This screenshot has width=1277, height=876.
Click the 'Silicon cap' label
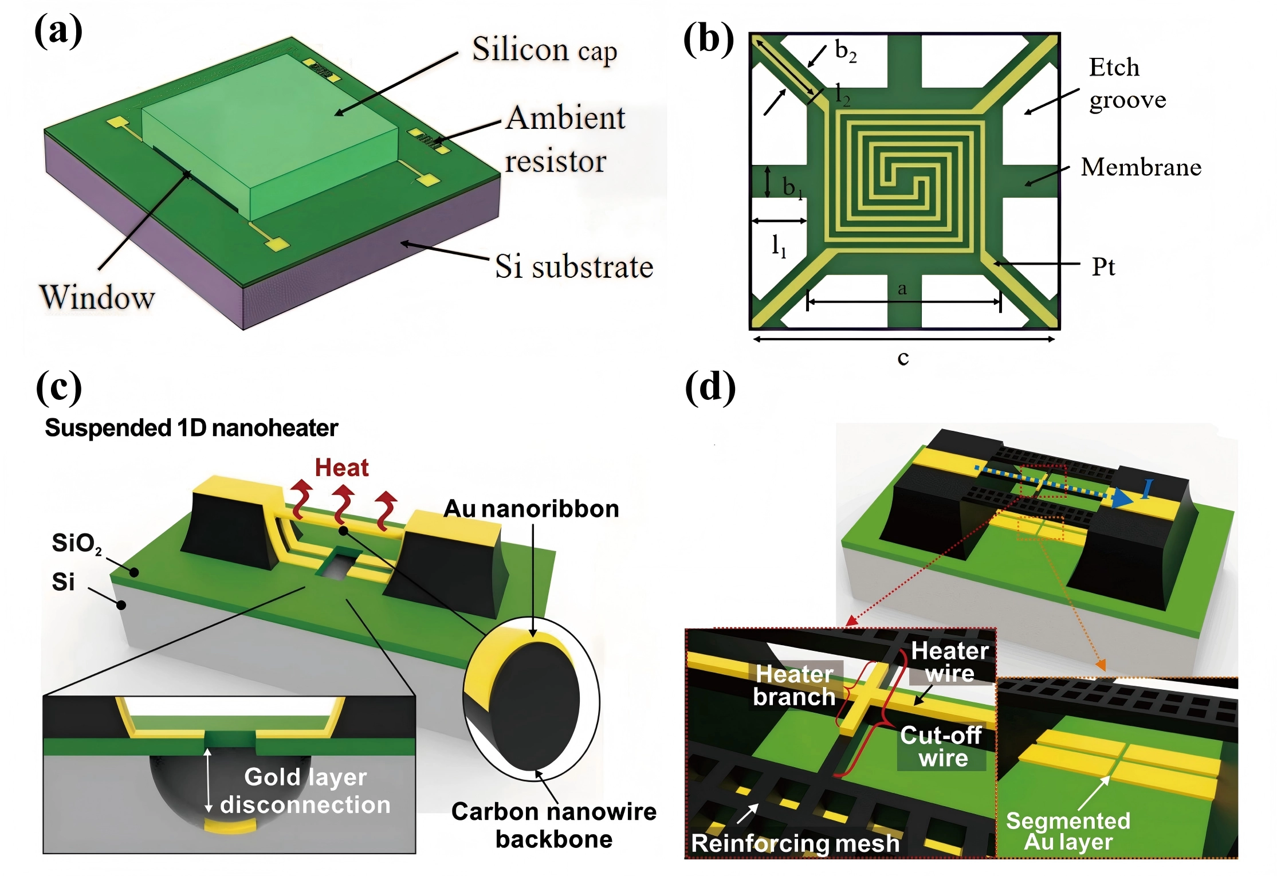[544, 50]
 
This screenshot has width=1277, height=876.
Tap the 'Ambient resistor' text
[564, 139]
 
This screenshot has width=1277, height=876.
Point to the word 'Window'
[97, 297]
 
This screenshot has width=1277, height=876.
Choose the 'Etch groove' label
[1126, 84]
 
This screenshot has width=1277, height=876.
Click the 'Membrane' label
[1141, 167]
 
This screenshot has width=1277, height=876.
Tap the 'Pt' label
[1103, 267]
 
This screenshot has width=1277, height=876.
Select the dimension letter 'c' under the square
[903, 358]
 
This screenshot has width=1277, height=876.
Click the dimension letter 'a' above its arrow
[902, 289]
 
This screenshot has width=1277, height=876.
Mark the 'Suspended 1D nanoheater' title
[191, 429]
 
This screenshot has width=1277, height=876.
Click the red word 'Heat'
[341, 468]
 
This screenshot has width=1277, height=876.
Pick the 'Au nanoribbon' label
[531, 509]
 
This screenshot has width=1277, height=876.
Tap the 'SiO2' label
[76, 543]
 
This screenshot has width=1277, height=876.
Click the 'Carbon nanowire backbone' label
[553, 825]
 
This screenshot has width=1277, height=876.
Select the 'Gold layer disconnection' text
[305, 791]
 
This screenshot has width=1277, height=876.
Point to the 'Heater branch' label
[794, 685]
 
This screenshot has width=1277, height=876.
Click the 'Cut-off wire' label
[941, 747]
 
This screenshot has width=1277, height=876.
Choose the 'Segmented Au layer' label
[1068, 831]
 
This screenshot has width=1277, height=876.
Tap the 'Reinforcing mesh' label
[795, 843]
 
